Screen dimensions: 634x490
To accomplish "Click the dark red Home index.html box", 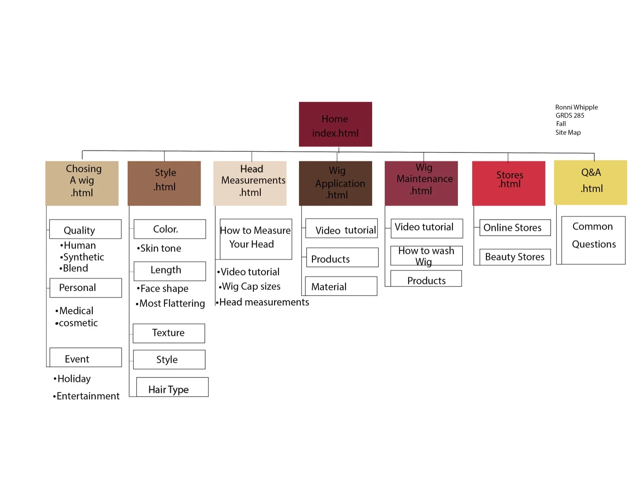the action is [335, 124].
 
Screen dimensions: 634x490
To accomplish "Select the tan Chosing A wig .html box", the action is [82, 183].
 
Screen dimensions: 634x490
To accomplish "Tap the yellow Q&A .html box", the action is [590, 182].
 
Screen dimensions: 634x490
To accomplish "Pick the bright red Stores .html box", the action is [508, 183].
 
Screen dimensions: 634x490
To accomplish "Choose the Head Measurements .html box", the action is [250, 183].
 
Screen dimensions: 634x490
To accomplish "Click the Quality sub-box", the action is [85, 229].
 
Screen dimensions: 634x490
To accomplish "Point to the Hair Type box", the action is [172, 387].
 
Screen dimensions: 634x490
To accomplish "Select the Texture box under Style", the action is [169, 333].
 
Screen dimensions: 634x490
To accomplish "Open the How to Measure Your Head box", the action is [256, 239].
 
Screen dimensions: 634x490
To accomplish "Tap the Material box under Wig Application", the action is [341, 286].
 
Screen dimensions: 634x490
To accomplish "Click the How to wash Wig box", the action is [426, 256].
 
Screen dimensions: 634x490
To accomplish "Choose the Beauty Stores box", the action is [515, 257].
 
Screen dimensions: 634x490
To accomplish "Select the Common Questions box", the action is [593, 240].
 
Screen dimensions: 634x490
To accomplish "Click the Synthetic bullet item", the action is [82, 257].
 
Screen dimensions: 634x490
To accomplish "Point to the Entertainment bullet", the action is [86, 396].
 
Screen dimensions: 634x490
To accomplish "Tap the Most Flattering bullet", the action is [171, 304].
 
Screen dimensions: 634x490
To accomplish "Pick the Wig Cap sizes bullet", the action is [250, 286].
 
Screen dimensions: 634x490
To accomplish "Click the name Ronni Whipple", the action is [576, 107].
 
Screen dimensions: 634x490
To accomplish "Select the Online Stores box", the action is [515, 228].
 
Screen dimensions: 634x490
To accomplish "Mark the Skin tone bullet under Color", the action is [159, 248].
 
